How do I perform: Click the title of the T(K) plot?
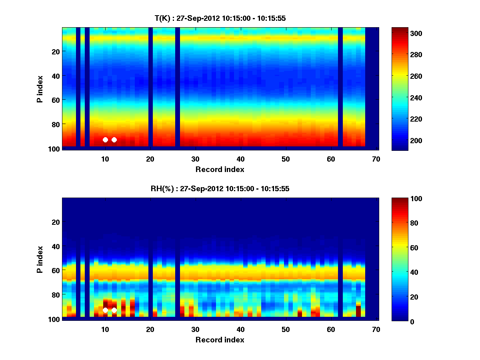[220, 18]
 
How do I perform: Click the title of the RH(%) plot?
[220, 189]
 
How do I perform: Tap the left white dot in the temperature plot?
[105, 140]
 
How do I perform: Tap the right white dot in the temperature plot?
[114, 140]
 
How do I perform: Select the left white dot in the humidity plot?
[105, 310]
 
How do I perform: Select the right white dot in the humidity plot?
[114, 310]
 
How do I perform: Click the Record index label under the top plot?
[220, 169]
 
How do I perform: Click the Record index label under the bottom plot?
[220, 340]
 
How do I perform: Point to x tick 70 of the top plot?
[376, 159]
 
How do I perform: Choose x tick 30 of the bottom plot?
[195, 330]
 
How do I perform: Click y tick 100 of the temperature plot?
[55, 149]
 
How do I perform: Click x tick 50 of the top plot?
[286, 159]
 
